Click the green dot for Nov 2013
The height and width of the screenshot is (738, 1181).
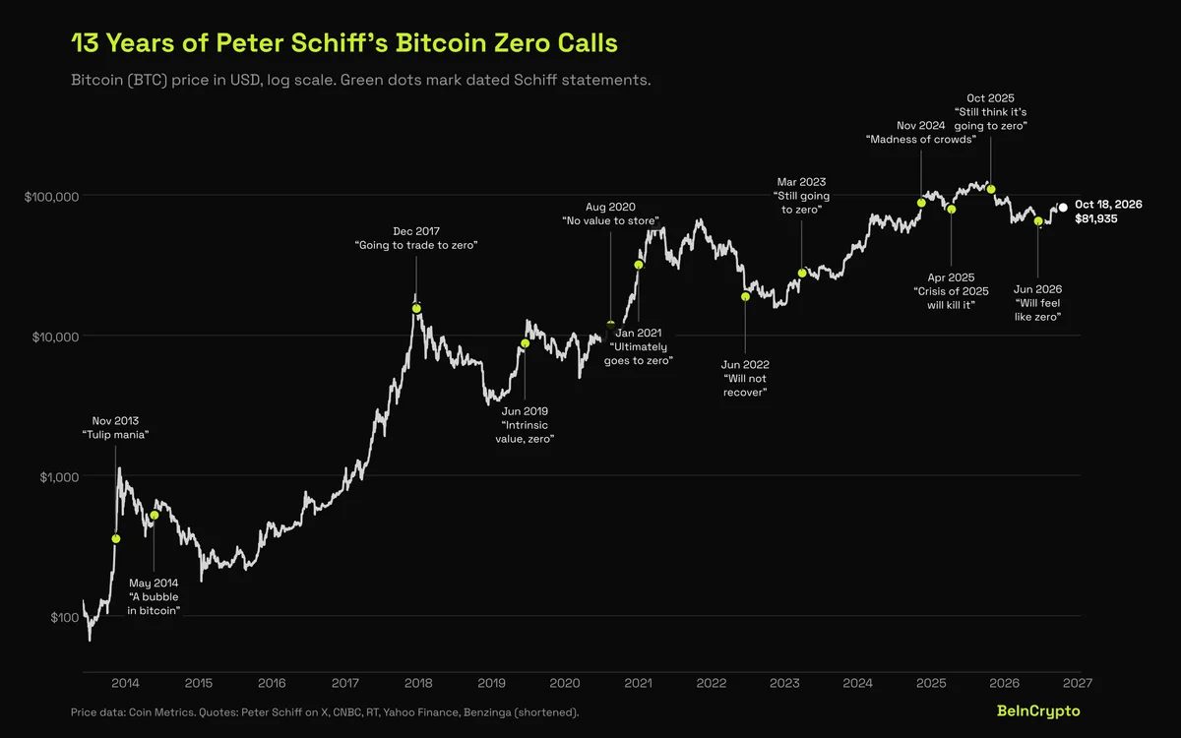(116, 539)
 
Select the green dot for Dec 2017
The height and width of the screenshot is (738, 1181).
(416, 308)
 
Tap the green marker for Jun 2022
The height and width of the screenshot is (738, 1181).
(745, 297)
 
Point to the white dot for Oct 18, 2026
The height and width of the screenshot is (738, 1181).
(1063, 208)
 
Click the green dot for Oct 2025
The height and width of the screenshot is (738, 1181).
(991, 189)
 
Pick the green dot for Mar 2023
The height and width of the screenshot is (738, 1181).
(802, 274)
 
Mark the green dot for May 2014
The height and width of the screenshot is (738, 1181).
(154, 515)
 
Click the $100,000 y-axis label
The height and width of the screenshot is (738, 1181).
(51, 197)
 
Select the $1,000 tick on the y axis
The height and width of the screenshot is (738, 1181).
(59, 477)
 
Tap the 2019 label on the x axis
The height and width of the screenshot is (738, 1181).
(491, 683)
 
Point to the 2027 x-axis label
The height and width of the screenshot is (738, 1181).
(1078, 683)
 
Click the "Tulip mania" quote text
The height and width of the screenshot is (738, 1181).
(115, 434)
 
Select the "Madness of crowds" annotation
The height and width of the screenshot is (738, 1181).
(920, 139)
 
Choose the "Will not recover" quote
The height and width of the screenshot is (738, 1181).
(744, 386)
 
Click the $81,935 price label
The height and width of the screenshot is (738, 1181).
(1096, 218)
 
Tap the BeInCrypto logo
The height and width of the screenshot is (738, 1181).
(1038, 711)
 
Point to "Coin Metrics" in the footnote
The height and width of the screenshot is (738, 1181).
(161, 712)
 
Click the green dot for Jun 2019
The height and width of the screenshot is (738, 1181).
(526, 343)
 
